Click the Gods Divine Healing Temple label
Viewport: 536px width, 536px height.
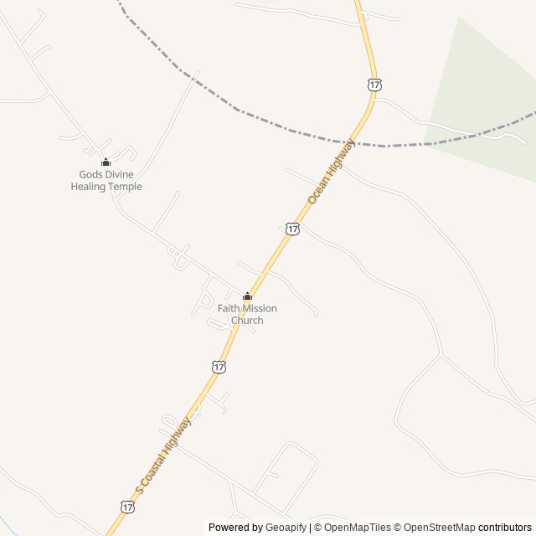coord(106,180)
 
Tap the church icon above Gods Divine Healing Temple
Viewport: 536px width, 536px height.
coord(106,162)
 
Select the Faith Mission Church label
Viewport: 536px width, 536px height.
coord(247,314)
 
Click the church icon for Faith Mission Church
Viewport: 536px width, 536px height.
coord(247,296)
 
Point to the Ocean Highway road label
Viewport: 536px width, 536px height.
coord(331,172)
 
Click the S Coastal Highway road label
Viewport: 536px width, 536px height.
coord(163,456)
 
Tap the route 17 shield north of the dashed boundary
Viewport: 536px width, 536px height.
coord(374,84)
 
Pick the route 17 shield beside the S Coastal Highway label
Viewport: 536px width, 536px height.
coord(126,507)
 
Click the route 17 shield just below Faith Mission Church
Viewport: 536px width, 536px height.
coord(219,367)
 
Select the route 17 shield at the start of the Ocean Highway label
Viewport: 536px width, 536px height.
coord(291,228)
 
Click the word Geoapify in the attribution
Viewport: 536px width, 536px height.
coord(286,528)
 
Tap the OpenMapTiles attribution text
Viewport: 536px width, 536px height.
coord(353,528)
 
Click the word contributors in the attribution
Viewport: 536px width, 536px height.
coord(506,528)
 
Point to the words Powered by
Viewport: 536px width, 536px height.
coord(235,528)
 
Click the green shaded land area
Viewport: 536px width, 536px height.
coord(486,92)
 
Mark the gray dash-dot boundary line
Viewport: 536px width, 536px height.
coord(251,113)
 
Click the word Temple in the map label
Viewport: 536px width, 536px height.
coord(125,186)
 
